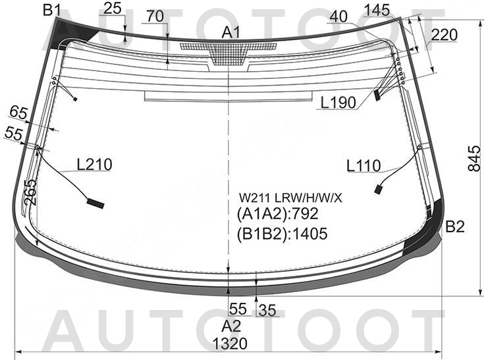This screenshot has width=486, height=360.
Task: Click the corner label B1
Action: click(x=51, y=10)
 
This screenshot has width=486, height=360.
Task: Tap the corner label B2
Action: click(x=455, y=227)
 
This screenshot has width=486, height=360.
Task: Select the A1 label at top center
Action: click(x=231, y=32)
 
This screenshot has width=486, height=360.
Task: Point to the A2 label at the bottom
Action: click(x=231, y=326)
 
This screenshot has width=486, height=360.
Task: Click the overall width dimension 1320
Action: click(x=230, y=344)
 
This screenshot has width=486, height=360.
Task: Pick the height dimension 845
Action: click(x=474, y=158)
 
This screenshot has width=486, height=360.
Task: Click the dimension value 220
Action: click(x=444, y=35)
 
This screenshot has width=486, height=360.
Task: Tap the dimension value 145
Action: click(x=377, y=11)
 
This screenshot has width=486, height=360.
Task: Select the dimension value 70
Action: click(x=155, y=16)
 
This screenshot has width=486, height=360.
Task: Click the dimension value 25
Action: click(x=112, y=9)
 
